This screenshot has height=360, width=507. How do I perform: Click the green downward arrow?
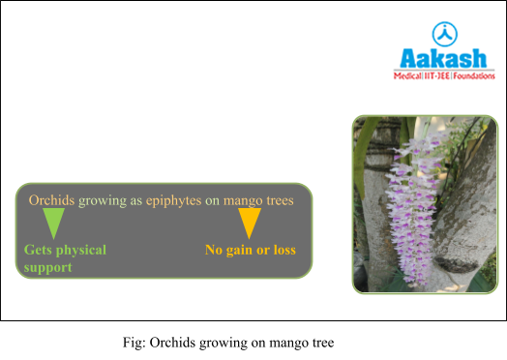[54, 224]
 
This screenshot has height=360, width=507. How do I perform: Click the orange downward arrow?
[250, 224]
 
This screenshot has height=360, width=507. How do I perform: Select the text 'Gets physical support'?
[65, 257]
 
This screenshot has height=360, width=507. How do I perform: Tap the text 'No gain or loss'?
[250, 250]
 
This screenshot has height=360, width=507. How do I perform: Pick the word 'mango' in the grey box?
[242, 200]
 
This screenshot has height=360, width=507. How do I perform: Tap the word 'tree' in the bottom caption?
[320, 342]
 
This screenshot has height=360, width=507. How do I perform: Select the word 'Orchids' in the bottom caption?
[170, 342]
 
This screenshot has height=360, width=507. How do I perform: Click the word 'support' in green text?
[48, 266]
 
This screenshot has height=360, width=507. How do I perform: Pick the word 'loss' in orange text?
[281, 250]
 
